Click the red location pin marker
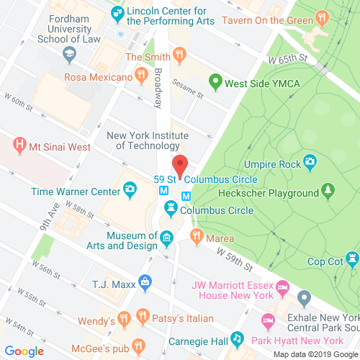(x=180, y=163)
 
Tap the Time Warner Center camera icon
(x=130, y=190)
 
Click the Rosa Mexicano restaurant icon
(x=140, y=76)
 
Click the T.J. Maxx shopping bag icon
(x=145, y=279)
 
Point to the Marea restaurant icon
(x=196, y=235)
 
